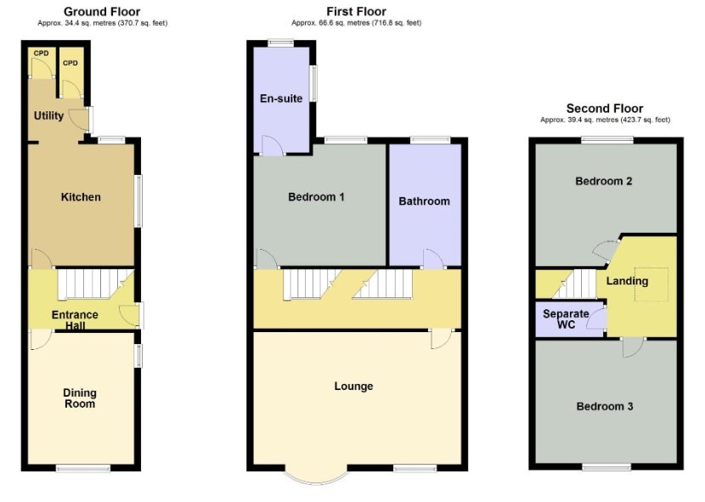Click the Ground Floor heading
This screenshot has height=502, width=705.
click(x=102, y=12)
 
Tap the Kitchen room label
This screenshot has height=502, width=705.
click(x=81, y=197)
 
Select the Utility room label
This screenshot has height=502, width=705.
click(x=49, y=116)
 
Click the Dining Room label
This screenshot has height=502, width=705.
click(x=80, y=398)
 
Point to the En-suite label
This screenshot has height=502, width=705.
click(x=281, y=99)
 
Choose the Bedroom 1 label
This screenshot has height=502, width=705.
click(x=316, y=197)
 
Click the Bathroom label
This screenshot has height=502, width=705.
click(x=424, y=201)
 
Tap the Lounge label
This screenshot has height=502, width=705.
click(x=353, y=386)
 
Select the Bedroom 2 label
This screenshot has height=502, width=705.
click(x=604, y=181)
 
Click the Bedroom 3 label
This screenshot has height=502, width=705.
click(x=605, y=407)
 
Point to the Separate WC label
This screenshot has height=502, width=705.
click(x=566, y=319)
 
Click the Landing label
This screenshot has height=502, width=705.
click(x=627, y=281)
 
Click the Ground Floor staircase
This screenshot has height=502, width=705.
click(x=95, y=284)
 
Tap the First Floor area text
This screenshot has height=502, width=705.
click(x=357, y=23)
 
